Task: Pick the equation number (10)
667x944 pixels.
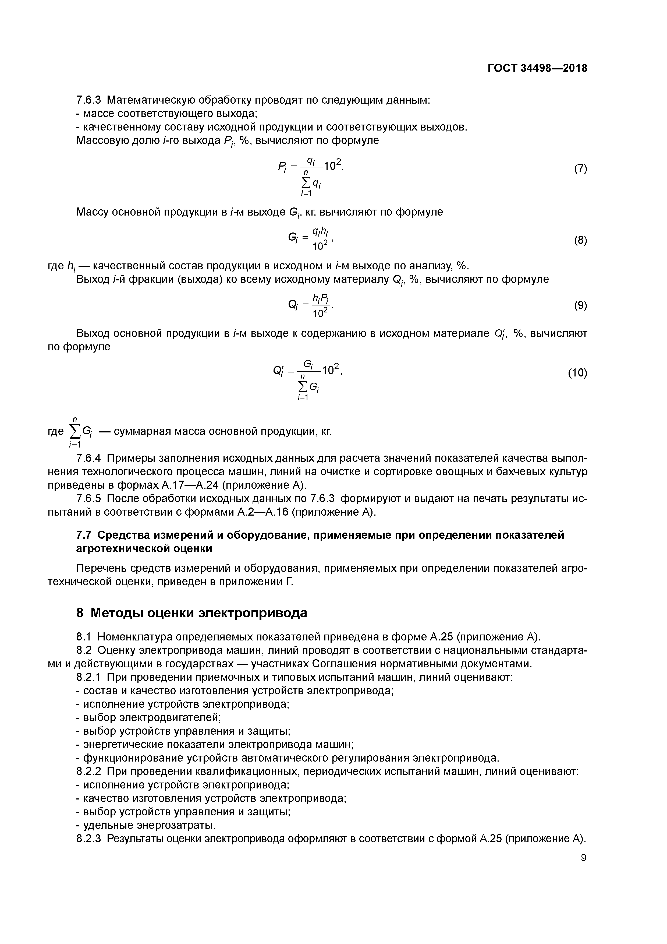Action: [577, 373]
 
